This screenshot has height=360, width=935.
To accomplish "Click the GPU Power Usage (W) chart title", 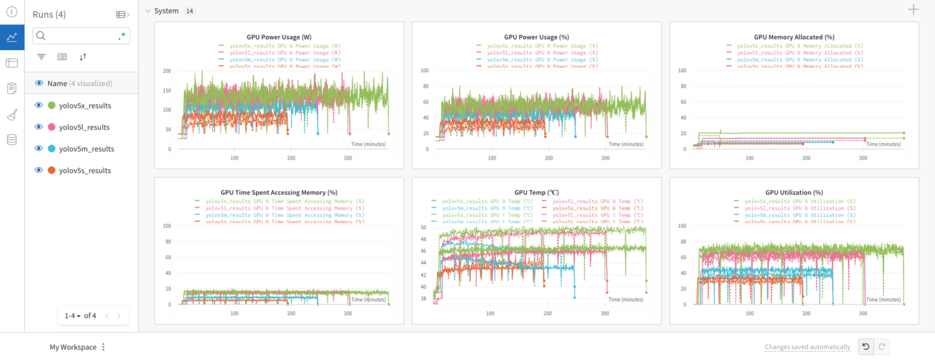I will click(278, 37).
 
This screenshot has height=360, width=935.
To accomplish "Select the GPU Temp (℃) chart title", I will click(536, 192).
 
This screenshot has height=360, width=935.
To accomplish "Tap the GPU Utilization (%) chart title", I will click(794, 192).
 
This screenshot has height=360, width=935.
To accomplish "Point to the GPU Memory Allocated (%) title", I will click(794, 37).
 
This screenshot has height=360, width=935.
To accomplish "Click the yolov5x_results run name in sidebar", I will click(85, 106).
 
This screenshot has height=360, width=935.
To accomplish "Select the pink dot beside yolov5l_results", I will click(51, 127).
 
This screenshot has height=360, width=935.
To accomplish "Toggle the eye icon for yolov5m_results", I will click(39, 149).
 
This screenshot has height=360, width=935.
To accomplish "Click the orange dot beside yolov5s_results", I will click(51, 170).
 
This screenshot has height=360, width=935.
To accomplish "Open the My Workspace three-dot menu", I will click(104, 347).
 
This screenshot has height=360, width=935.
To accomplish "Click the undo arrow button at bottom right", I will click(865, 347).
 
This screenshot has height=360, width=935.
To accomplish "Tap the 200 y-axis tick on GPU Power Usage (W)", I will click(167, 71).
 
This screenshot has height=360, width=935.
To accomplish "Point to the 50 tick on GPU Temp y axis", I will click(423, 228).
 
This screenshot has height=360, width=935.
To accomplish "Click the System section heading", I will click(166, 11).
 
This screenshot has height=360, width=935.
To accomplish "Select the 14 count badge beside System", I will click(190, 11).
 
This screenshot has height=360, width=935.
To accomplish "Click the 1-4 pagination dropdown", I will click(72, 315).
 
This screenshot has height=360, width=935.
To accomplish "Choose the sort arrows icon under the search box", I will click(83, 57).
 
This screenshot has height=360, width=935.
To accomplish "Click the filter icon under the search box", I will click(41, 57).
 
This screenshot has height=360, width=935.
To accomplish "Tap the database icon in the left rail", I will click(11, 140).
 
